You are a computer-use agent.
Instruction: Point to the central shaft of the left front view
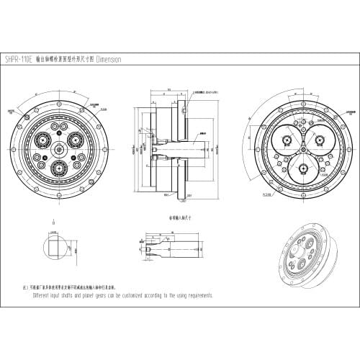tap(58, 150)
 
